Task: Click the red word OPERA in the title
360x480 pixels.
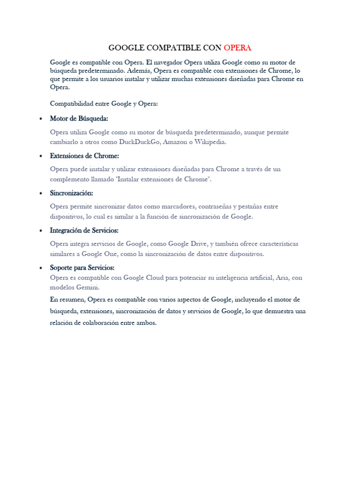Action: pyautogui.click(x=238, y=48)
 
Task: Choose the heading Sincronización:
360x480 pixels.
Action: pyautogui.click(x=71, y=193)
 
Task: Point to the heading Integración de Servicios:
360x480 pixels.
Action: pyautogui.click(x=84, y=231)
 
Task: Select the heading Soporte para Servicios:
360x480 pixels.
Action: pyautogui.click(x=82, y=268)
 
